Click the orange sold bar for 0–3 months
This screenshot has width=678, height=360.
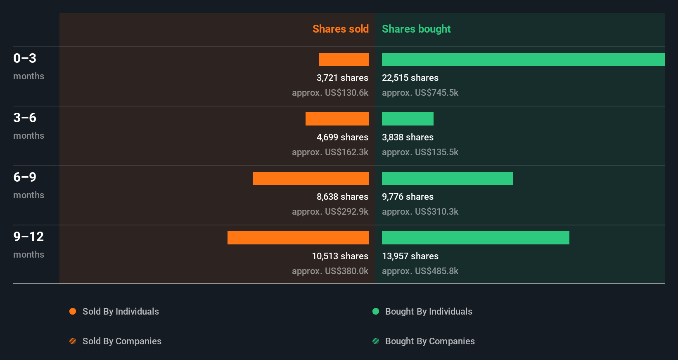coord(344,59)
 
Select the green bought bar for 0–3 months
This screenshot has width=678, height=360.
coord(523,59)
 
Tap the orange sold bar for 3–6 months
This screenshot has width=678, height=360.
coord(337,119)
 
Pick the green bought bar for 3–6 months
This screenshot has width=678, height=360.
coord(408,119)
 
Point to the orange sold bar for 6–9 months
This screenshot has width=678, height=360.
coord(311,178)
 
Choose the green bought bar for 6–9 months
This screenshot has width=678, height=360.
coord(447,178)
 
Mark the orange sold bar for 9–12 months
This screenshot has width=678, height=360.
coord(298,238)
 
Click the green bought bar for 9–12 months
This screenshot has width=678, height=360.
coord(475,238)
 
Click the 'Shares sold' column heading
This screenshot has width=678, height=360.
coord(340,29)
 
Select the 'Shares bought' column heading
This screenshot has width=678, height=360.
coord(416,29)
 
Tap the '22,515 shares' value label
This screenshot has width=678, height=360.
coord(410,78)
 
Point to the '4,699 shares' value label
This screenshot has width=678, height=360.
coord(342,137)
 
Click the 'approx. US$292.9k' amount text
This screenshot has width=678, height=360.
coord(330,211)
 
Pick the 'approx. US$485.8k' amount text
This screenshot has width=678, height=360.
coord(420,271)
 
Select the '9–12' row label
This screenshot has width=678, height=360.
coord(28,237)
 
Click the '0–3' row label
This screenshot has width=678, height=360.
coord(25,58)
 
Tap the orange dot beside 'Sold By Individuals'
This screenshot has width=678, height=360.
coord(73,311)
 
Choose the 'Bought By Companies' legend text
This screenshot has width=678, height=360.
coord(430,341)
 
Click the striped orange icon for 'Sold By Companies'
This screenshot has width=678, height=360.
coord(73,341)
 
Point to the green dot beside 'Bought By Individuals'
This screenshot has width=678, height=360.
coord(376,311)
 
